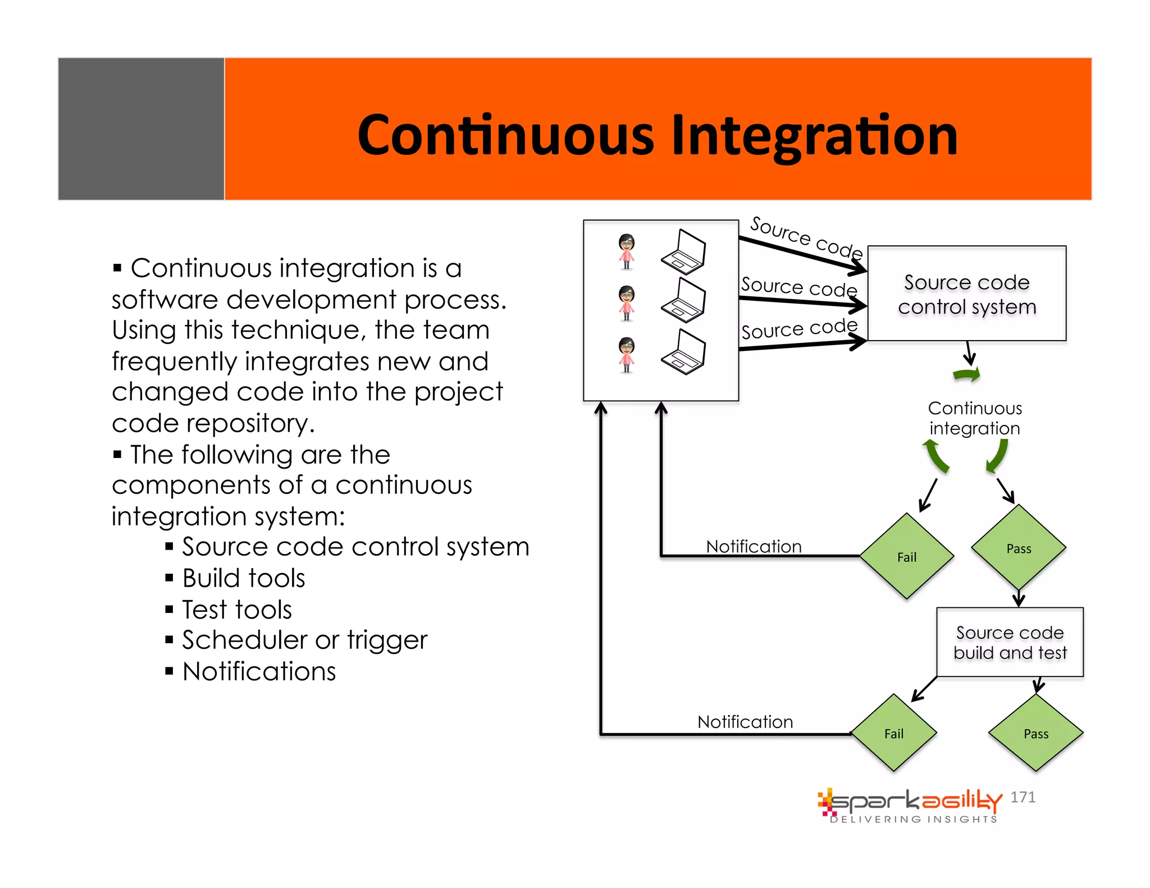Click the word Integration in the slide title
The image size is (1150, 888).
click(x=814, y=136)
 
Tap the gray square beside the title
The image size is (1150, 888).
click(x=141, y=129)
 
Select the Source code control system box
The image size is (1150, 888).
click(x=966, y=294)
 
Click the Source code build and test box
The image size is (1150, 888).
click(x=1010, y=642)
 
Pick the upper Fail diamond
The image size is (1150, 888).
click(x=906, y=556)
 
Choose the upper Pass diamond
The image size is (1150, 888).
click(x=1018, y=548)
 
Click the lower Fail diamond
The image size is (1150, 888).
click(x=893, y=733)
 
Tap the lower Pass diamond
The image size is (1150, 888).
click(x=1035, y=733)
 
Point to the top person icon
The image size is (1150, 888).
click(x=627, y=251)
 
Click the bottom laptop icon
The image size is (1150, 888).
click(x=683, y=352)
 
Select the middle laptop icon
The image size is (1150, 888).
click(x=683, y=300)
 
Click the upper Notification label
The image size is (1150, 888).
click(x=754, y=546)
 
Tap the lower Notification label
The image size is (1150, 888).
click(x=745, y=721)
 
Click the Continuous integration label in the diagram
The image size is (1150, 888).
click(x=975, y=418)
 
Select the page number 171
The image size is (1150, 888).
click(x=1023, y=797)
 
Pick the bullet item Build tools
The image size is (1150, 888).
click(x=243, y=578)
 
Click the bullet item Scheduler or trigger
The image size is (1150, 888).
click(x=304, y=640)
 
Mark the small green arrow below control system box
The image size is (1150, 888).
click(x=967, y=375)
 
